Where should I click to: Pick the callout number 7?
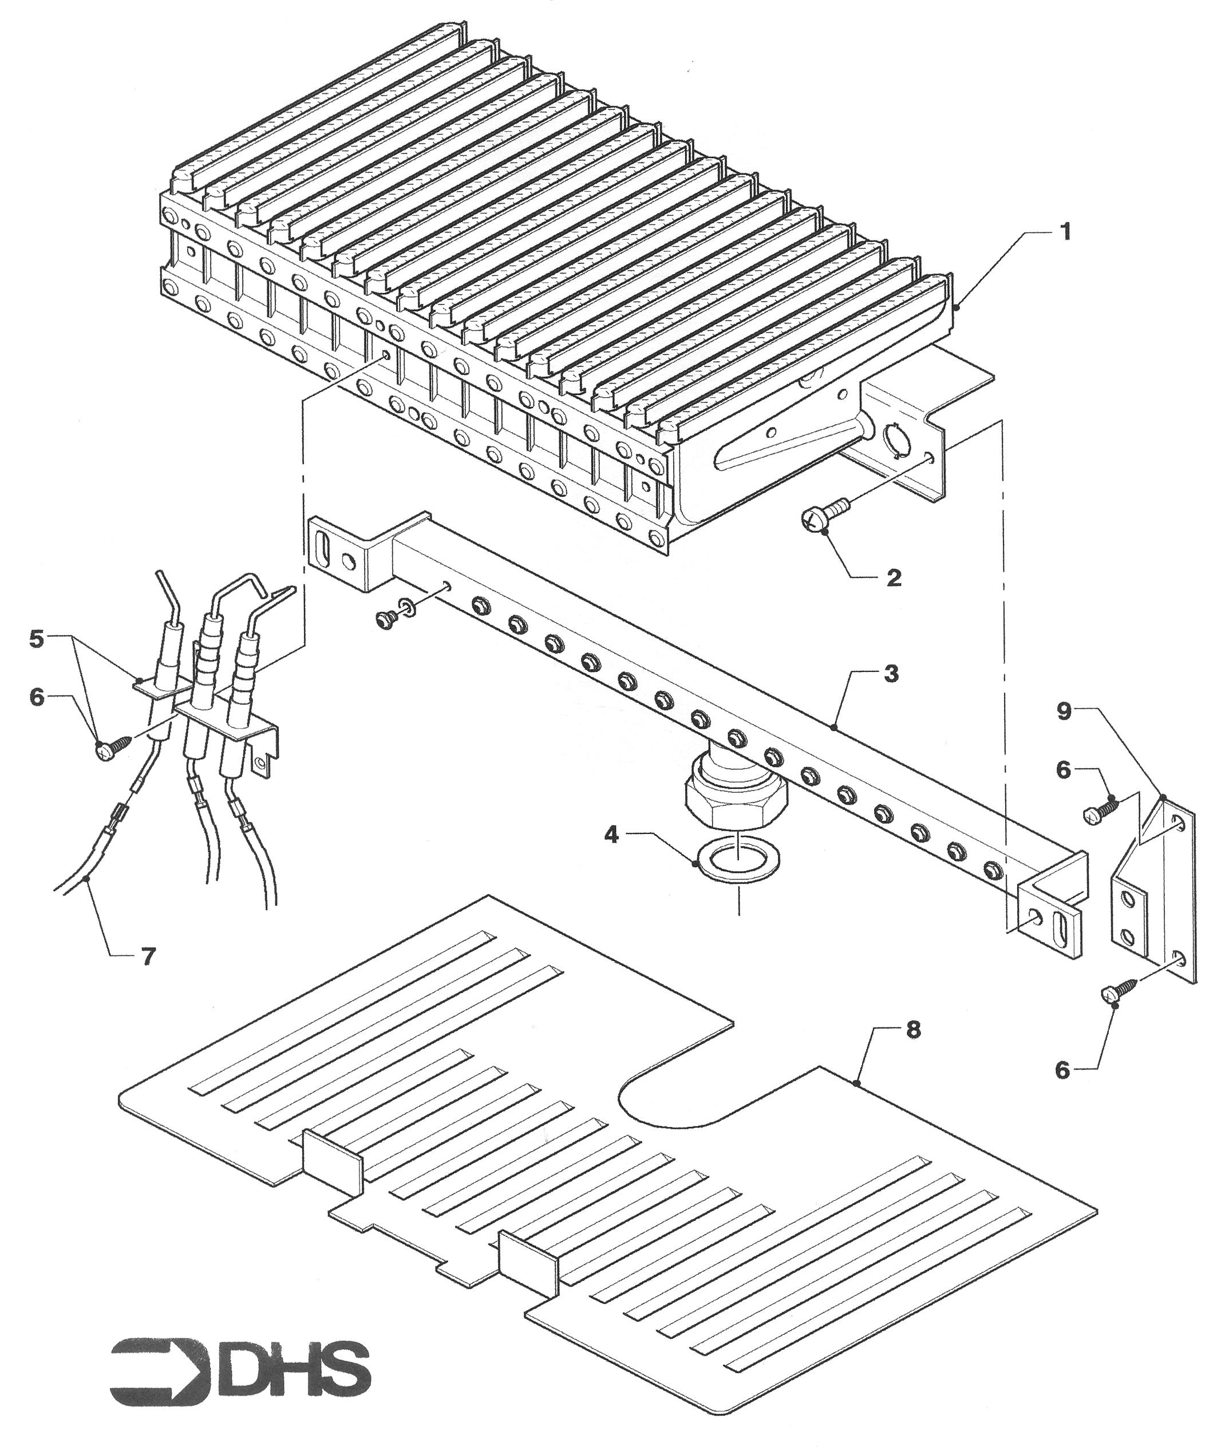147,956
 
